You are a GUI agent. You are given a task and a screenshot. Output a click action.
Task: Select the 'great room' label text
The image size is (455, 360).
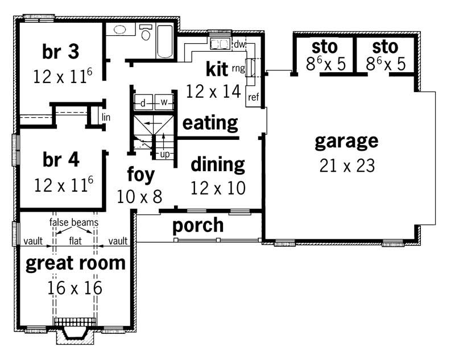(x=76, y=263)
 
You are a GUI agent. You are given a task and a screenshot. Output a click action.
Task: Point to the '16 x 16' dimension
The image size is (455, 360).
(x=76, y=288)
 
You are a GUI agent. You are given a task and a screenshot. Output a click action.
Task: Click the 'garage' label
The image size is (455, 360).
(x=346, y=140)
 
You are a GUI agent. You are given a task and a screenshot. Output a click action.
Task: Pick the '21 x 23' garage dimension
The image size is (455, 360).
(x=346, y=165)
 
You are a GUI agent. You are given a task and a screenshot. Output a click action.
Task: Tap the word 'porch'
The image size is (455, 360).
(x=198, y=225)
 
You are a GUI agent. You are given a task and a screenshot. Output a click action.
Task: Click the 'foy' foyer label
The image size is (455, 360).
(x=140, y=175)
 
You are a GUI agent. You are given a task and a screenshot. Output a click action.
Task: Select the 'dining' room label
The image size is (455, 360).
(x=217, y=164)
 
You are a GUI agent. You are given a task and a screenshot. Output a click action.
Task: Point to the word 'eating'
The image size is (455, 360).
(x=210, y=122)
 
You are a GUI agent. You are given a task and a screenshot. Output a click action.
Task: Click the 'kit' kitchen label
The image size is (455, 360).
(x=217, y=69)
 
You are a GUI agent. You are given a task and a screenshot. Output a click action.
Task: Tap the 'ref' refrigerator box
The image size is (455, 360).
(x=253, y=97)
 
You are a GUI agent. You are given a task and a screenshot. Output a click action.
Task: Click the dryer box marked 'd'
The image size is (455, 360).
(x=143, y=102)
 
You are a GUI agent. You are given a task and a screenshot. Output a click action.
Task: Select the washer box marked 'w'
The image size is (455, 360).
(x=164, y=102)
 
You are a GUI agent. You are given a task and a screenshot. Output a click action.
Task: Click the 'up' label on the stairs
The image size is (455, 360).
(x=165, y=154)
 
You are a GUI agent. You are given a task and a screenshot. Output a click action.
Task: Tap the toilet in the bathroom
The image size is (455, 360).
(x=146, y=35)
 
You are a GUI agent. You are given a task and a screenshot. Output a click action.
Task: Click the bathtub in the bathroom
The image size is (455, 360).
(x=164, y=42)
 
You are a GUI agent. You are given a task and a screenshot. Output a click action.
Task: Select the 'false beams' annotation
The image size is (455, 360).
(x=73, y=222)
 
